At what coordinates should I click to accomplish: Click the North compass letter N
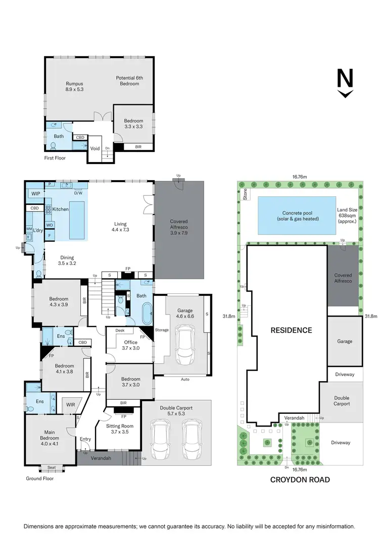pos(345,79)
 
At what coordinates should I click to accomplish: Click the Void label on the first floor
pos(94,148)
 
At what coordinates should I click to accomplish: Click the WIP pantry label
pos(35,193)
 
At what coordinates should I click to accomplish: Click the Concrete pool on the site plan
pos(296,216)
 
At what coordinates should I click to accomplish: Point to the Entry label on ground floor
pos(85,439)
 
